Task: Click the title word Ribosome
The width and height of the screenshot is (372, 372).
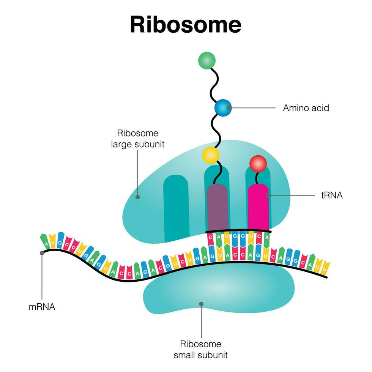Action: (x=186, y=25)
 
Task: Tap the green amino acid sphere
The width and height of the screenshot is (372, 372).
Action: (x=207, y=61)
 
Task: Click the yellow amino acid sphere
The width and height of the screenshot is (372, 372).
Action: (x=211, y=155)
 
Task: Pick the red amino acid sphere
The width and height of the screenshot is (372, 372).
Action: (x=258, y=163)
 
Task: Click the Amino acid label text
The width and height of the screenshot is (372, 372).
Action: (x=306, y=108)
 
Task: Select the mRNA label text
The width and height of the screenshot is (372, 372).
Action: (x=42, y=307)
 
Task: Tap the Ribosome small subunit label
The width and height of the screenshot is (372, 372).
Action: (x=201, y=350)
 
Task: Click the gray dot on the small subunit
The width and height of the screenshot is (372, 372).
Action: (x=201, y=304)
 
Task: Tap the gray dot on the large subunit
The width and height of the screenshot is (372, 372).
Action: (x=137, y=197)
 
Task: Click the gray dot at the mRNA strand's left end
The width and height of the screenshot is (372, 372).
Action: (x=42, y=253)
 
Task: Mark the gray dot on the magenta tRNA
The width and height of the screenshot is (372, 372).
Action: (x=268, y=196)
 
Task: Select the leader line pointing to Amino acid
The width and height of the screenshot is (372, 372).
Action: (x=252, y=108)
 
